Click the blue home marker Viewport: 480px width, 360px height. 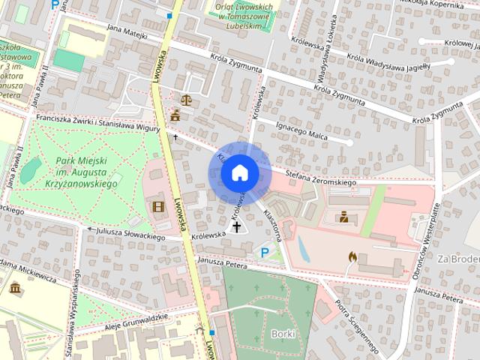(x=239, y=173)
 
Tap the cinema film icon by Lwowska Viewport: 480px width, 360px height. (x=158, y=207)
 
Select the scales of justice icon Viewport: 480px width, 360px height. (x=184, y=97)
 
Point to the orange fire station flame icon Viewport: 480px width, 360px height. (x=352, y=256)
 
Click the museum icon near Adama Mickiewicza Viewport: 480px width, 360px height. (x=16, y=289)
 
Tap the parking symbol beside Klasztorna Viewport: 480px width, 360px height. (x=264, y=253)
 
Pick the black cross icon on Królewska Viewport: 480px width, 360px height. (x=237, y=226)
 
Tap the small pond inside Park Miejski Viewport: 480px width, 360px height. (x=30, y=172)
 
